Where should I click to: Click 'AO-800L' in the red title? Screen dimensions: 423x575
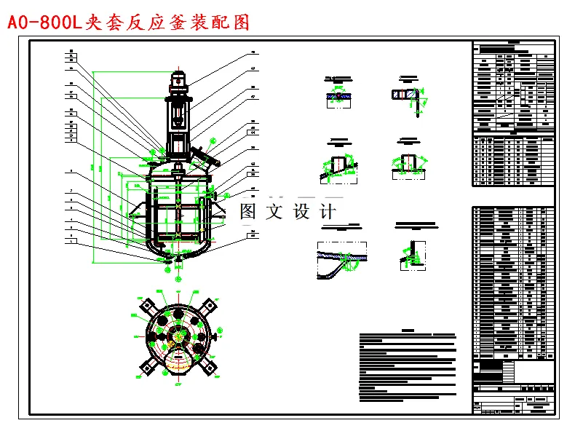click(45, 23)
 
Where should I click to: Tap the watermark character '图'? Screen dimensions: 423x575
click(249, 212)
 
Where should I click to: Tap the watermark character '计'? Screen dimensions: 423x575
click(328, 212)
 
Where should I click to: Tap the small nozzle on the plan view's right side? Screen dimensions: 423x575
click(217, 336)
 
